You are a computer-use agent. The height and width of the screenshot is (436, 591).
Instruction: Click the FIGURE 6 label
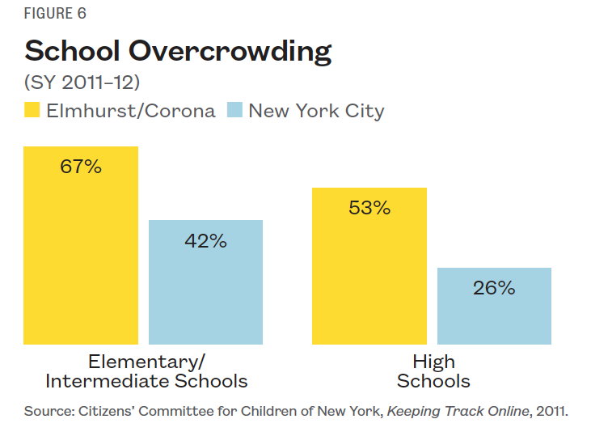coord(55,14)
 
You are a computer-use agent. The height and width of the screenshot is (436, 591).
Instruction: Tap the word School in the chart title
coord(72,51)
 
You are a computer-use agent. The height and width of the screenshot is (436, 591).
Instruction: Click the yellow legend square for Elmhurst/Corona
coord(32,110)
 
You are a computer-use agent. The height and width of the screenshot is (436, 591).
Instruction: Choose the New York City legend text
coord(316,111)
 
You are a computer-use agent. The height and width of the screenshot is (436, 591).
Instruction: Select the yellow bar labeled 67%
coord(81,259)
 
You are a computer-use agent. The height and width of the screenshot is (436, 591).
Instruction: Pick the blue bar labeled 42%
coord(205,291)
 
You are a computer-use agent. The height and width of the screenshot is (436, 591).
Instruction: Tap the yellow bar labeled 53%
coord(369,275)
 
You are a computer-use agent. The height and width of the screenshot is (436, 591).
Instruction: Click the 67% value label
coord(81,167)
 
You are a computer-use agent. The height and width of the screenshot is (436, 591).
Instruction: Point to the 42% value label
coord(205,240)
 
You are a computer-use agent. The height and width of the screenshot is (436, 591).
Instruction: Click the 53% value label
coord(369,208)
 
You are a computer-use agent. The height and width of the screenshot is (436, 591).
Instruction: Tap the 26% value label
coord(494,288)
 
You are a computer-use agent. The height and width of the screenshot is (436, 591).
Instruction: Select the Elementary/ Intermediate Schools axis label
coord(146,370)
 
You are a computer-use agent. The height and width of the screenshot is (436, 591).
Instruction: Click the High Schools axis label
coord(433,370)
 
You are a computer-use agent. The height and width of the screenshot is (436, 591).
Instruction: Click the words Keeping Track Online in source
coord(458,411)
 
